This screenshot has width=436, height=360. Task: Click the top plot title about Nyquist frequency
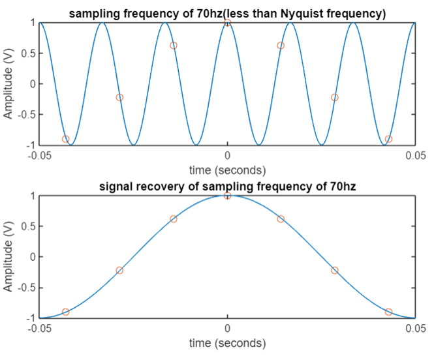tap(226, 14)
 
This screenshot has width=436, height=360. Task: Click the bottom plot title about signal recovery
tap(226, 188)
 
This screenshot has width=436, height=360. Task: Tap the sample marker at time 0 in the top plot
tap(227, 23)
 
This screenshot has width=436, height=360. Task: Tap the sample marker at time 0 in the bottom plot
tap(227, 196)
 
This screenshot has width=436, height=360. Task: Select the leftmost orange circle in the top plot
tap(66, 139)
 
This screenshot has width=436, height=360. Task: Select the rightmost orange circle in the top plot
tap(388, 139)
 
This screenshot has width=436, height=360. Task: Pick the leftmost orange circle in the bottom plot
tap(66, 312)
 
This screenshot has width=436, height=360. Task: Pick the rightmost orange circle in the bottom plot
tap(388, 312)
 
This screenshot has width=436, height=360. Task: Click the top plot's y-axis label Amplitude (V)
tap(8, 84)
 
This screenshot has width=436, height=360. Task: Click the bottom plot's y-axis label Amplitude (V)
tap(8, 257)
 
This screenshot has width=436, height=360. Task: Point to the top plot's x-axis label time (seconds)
tap(227, 170)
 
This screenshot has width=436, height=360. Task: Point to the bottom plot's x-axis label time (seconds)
tap(227, 343)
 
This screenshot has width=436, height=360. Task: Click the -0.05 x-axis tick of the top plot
tap(39, 156)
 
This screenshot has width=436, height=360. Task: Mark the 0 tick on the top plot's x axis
tap(227, 156)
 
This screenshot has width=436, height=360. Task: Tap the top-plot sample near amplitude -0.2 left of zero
tap(119, 98)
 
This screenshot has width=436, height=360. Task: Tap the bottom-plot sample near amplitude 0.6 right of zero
tap(281, 219)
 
